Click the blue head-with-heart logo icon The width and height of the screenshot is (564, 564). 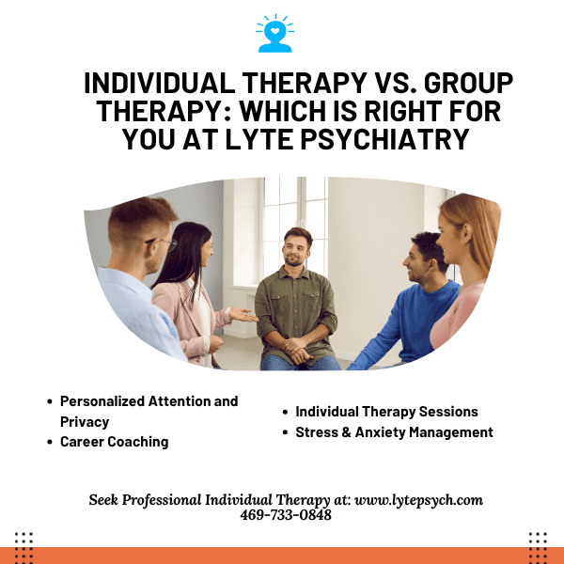tap(274, 33)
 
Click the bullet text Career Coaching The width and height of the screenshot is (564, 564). tap(114, 442)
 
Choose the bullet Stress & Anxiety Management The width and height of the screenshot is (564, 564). tap(394, 432)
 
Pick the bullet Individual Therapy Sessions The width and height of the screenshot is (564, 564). tap(386, 412)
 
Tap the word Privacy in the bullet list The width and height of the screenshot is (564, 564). tap(85, 422)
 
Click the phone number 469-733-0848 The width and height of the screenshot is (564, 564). tap(286, 515)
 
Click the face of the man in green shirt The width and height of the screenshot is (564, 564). tap(297, 249)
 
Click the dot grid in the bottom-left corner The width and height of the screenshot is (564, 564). tap(24, 543)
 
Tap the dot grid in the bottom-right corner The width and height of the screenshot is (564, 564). tap(538, 543)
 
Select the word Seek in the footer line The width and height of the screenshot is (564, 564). tap(106, 500)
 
